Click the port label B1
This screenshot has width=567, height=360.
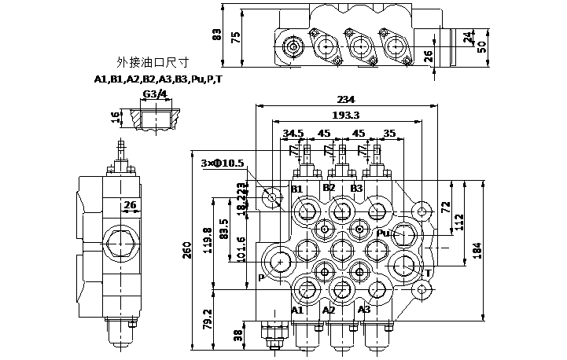tap(297, 189)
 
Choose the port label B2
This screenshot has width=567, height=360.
tap(329, 187)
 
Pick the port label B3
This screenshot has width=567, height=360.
tap(356, 188)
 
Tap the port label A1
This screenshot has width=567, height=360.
tap(297, 311)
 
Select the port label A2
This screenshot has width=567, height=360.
tap(330, 311)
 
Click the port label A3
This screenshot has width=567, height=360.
tap(363, 310)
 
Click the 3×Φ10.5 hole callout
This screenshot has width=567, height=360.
tap(223, 163)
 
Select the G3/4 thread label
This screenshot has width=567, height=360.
tap(155, 94)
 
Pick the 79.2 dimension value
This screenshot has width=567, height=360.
tap(209, 318)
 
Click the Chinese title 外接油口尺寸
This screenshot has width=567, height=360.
tap(153, 62)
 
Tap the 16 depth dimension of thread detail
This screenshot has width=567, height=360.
tap(115, 118)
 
